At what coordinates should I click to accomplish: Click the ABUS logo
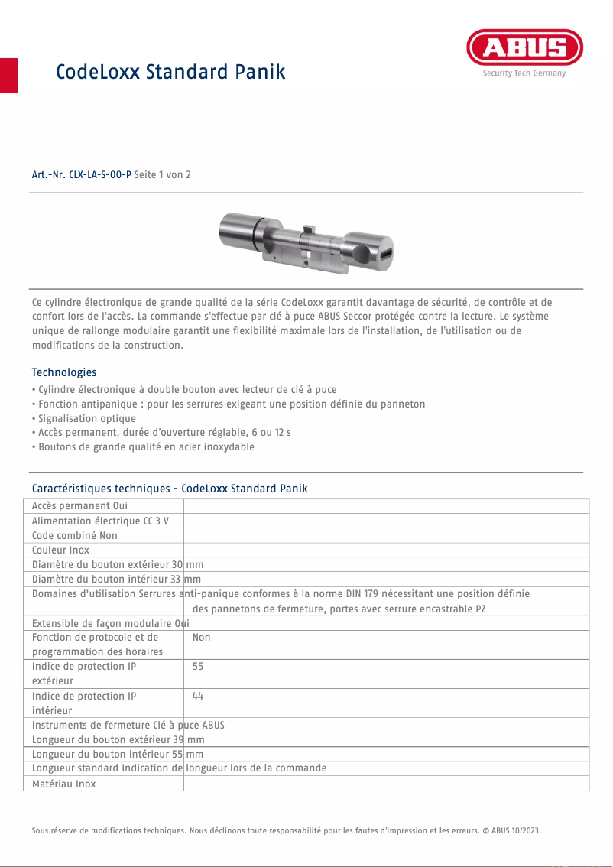[x=524, y=48]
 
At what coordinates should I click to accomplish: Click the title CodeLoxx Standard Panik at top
[x=170, y=72]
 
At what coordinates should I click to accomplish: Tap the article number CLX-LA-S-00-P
[x=82, y=174]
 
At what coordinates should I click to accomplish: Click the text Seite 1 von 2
[x=162, y=174]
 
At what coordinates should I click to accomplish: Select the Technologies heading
[x=64, y=372]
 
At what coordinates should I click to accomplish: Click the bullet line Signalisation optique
[x=86, y=418]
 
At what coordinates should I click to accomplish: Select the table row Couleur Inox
[x=60, y=550]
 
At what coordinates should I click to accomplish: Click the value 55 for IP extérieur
[x=198, y=667]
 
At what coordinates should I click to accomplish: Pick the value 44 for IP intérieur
[x=198, y=696]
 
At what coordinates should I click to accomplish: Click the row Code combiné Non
[x=75, y=535]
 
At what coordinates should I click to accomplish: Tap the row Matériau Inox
[x=63, y=784]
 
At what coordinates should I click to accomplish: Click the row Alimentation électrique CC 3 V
[x=100, y=521]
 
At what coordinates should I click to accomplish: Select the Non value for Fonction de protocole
[x=202, y=637]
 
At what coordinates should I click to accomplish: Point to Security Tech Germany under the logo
[x=524, y=73]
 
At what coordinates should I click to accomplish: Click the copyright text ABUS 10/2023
[x=514, y=830]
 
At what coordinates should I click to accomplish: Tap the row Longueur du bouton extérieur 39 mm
[x=118, y=740]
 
